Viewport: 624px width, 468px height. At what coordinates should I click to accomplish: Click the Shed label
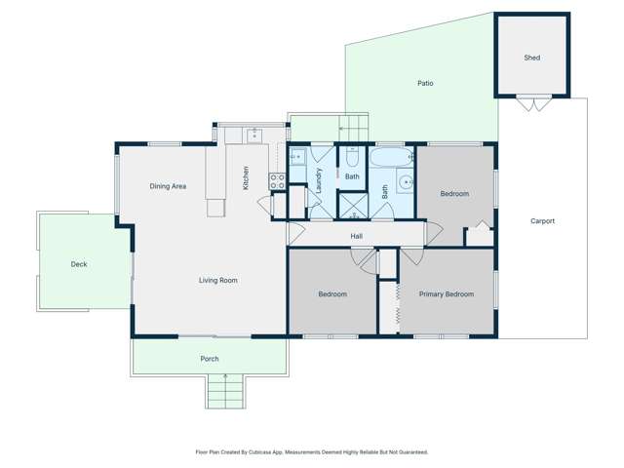click(531, 58)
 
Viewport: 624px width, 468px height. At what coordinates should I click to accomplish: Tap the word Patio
click(425, 84)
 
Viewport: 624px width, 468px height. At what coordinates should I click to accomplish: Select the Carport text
click(542, 221)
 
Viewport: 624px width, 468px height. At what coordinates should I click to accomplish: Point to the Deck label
click(79, 264)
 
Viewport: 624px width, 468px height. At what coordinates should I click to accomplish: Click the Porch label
click(210, 359)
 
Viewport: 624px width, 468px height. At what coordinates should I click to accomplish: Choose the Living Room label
click(218, 281)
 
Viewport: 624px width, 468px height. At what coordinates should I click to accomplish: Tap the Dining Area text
click(168, 186)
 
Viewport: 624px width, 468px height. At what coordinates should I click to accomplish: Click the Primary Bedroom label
click(446, 294)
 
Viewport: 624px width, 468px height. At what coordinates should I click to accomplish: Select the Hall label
click(357, 236)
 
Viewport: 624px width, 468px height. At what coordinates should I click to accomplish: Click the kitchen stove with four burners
click(276, 180)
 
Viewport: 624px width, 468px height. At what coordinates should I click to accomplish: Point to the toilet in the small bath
click(351, 156)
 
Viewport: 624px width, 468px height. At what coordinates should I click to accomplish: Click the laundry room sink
click(297, 156)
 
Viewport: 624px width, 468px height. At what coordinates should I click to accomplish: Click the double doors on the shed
click(531, 103)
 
